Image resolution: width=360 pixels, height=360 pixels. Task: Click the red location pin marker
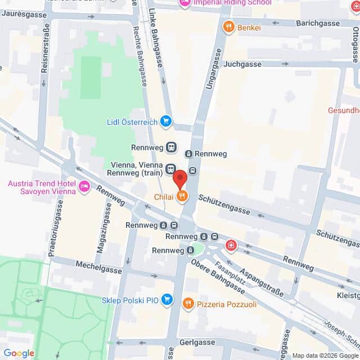tap(179, 178)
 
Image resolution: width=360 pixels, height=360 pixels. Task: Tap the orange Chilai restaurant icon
tap(182, 196)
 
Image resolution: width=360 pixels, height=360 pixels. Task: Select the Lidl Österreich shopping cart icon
tap(165, 121)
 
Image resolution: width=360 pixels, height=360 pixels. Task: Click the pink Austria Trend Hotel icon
tap(85, 186)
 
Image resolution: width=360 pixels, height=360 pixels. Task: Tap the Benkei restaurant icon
tap(228, 26)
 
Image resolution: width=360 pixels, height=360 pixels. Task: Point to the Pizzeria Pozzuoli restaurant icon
tap(188, 304)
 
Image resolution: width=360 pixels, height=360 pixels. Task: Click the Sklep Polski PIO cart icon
tap(166, 299)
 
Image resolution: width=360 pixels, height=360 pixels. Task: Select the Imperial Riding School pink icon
tap(184, 3)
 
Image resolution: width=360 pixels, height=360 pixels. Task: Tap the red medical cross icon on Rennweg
tap(231, 245)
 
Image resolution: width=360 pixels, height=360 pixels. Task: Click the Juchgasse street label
tap(242, 64)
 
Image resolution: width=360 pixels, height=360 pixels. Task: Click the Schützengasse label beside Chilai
tap(224, 203)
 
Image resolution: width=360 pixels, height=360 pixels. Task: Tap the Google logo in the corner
tap(19, 353)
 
